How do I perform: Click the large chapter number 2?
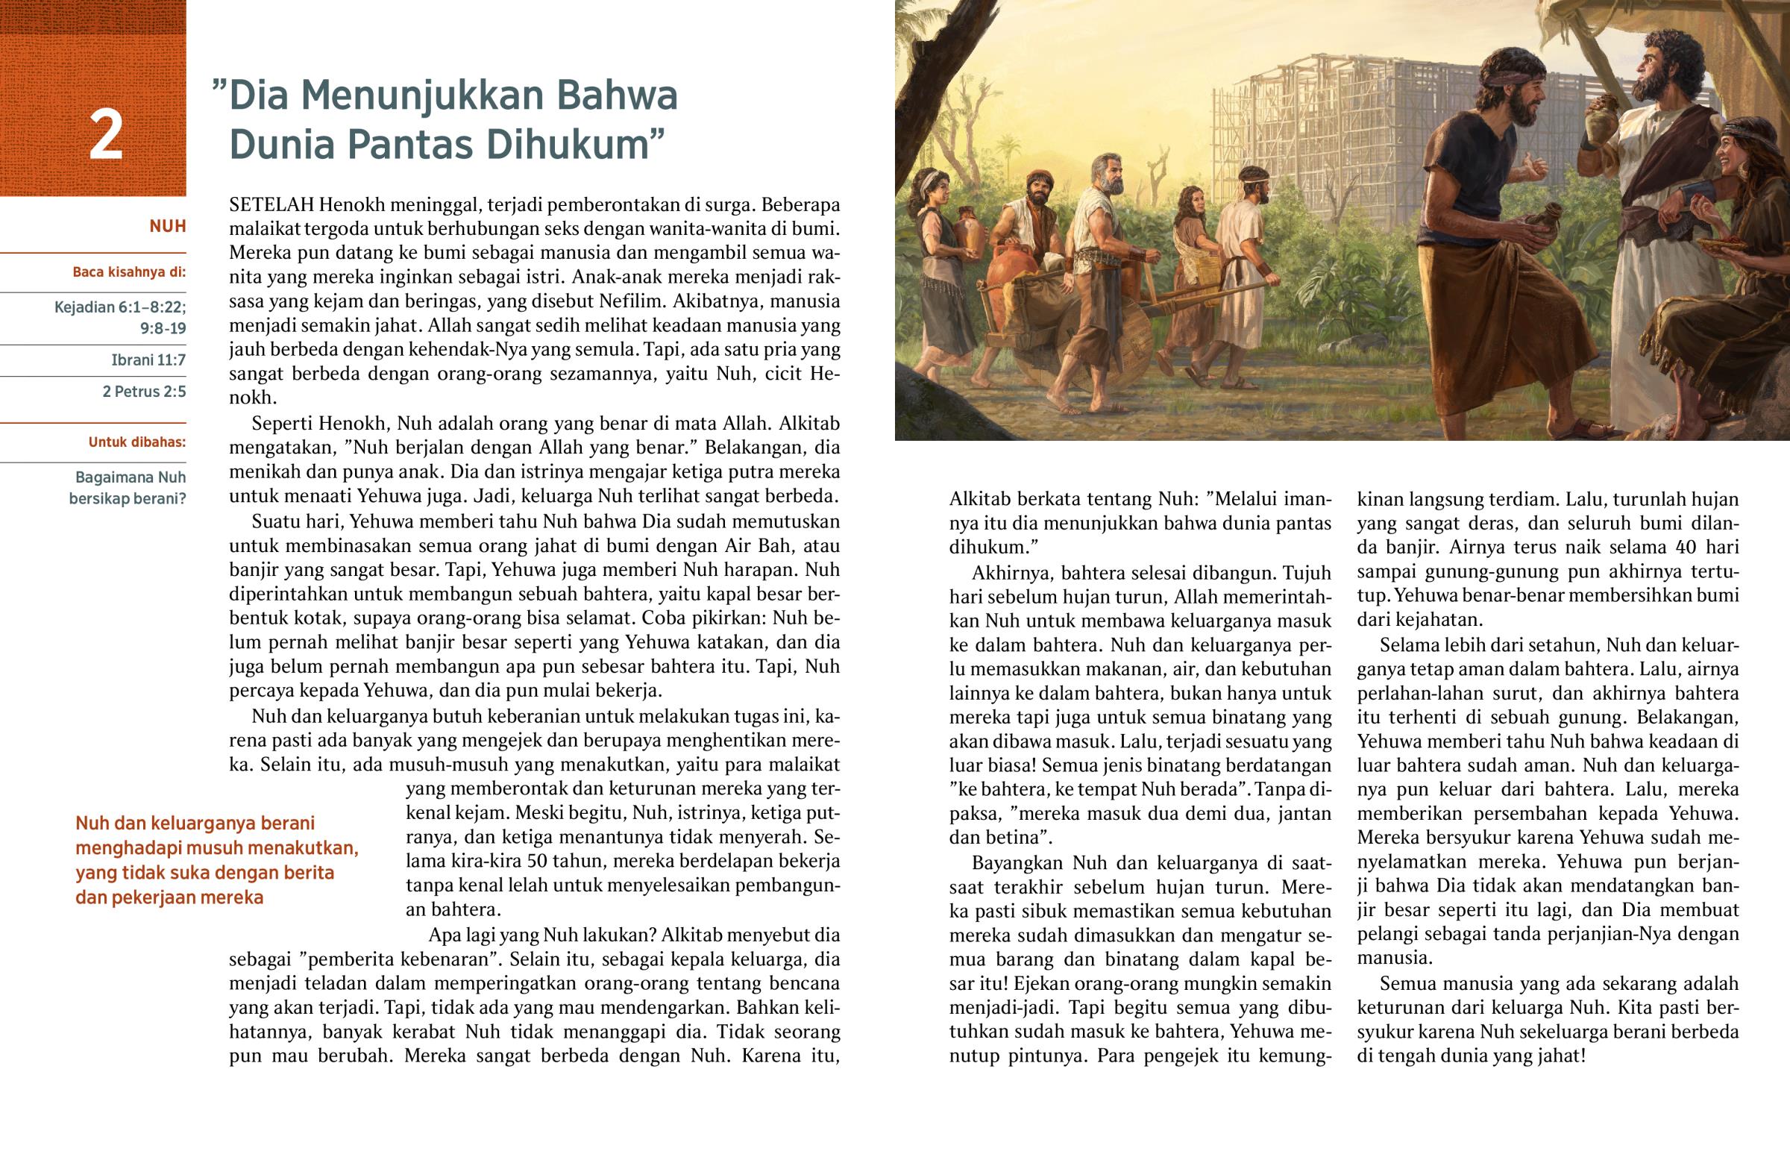point(105,136)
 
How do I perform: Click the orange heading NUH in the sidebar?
point(167,227)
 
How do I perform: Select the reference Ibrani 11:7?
point(148,360)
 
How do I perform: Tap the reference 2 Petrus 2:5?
point(144,392)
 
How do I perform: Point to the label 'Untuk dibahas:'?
point(136,442)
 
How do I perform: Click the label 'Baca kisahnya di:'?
point(128,272)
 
